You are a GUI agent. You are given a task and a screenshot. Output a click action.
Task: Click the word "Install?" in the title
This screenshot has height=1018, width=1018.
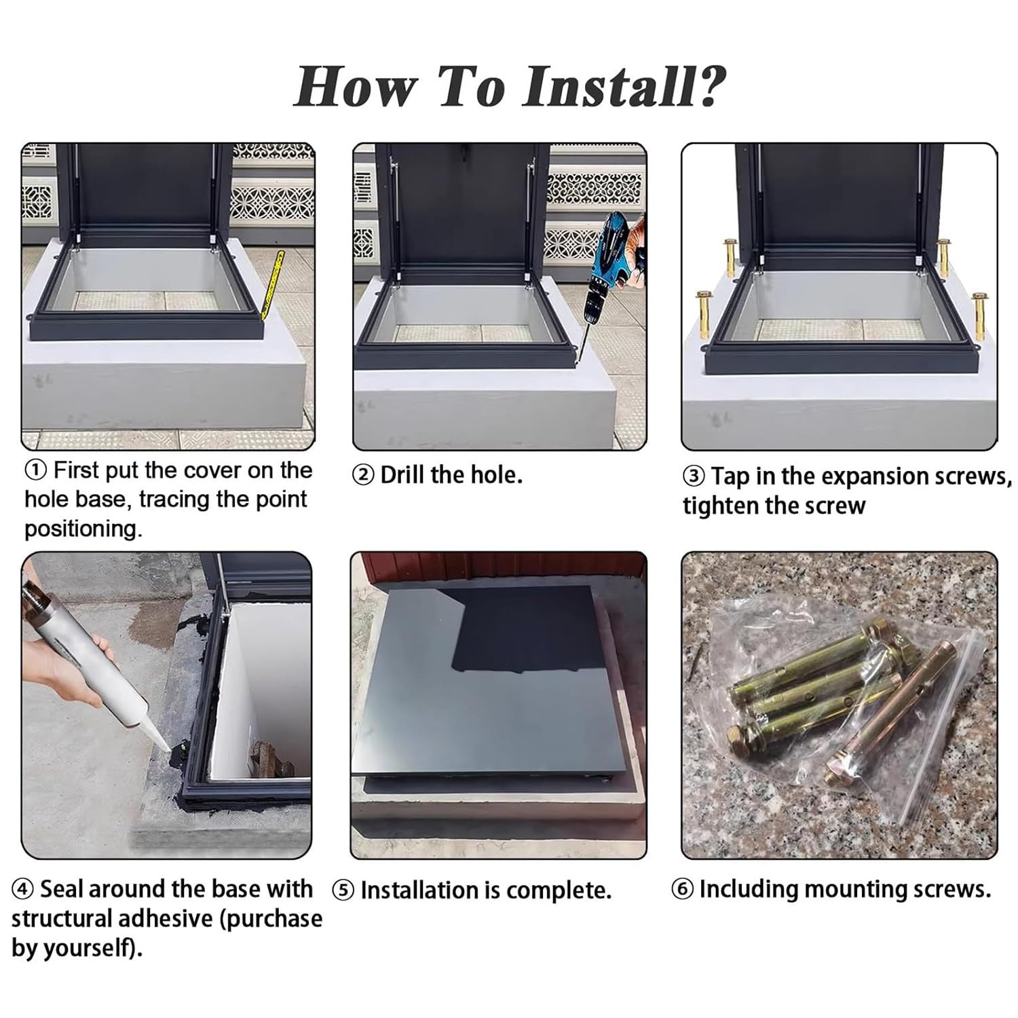(624, 87)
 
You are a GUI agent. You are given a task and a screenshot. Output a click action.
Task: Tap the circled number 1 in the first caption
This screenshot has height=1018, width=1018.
(36, 470)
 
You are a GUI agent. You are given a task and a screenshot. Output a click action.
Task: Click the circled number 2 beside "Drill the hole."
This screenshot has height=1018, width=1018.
(364, 476)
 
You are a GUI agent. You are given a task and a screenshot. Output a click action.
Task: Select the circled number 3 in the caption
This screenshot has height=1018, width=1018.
(694, 476)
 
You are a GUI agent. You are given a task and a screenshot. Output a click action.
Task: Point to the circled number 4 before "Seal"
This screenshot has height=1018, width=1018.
(23, 889)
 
